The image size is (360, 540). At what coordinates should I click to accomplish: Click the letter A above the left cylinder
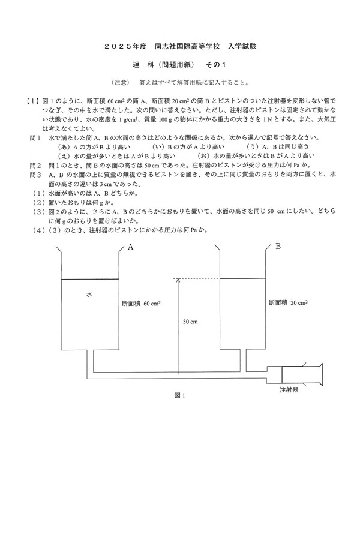point(129,247)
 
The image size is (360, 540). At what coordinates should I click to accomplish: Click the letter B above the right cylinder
point(278,246)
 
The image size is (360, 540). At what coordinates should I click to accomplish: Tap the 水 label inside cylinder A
point(89,295)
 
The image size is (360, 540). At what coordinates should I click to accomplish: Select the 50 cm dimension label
point(190,322)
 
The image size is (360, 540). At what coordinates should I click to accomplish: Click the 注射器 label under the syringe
point(289,389)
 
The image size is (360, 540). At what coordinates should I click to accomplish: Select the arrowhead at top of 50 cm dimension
point(178,280)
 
